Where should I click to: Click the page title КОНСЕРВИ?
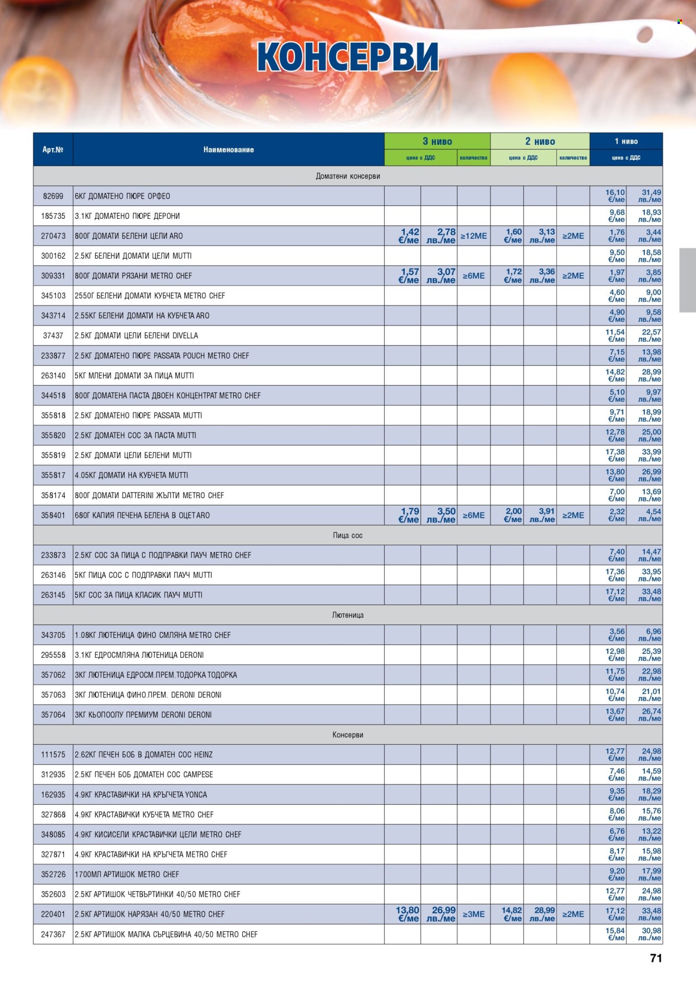coord(347,57)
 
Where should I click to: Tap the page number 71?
coord(656,958)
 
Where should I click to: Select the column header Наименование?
coord(228,150)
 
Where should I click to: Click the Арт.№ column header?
coord(53,150)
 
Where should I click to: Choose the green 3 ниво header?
coord(437,141)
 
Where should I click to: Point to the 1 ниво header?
coord(626,141)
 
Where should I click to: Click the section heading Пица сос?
coord(347,535)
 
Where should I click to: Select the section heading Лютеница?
coord(347,615)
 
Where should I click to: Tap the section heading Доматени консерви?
coord(347,176)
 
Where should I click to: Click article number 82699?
coord(53,196)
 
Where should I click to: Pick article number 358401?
coord(53,515)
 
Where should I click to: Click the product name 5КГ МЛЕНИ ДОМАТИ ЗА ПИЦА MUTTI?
coord(134,376)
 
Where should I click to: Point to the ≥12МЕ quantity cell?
coord(473,236)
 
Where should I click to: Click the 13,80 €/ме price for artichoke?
coord(408,914)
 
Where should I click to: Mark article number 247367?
coord(53,934)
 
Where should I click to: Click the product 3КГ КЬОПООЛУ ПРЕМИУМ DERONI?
coord(143,715)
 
